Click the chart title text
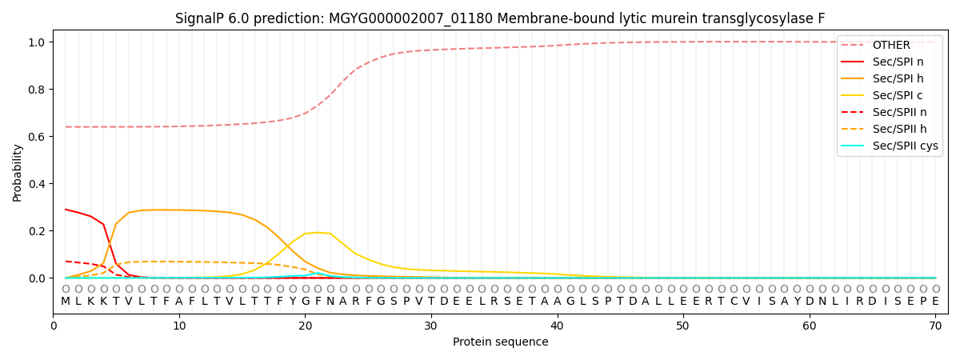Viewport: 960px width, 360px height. (500, 18)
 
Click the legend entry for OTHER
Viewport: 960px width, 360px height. (890, 45)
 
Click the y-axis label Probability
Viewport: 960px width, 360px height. (18, 172)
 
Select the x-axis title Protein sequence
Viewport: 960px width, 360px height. (500, 342)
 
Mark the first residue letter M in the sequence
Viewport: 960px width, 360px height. (66, 302)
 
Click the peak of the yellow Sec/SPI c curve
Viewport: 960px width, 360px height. (318, 233)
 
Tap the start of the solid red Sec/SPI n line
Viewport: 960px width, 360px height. (66, 210)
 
